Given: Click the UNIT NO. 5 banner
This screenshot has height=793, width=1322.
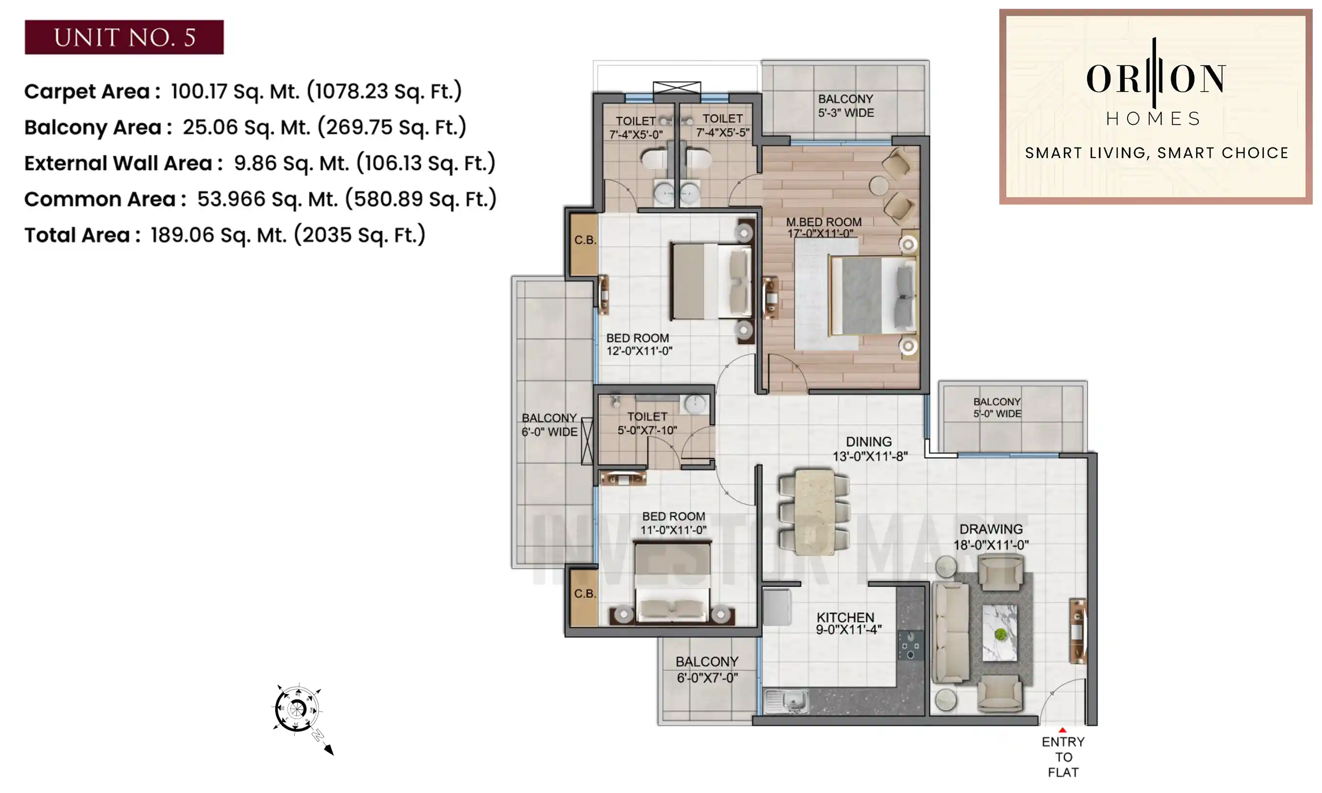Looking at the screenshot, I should click(x=124, y=37).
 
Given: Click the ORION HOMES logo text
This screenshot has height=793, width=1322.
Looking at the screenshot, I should click(x=1155, y=80).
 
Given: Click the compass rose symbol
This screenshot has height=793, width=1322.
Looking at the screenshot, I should click(x=297, y=709).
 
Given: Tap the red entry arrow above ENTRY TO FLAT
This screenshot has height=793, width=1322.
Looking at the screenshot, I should click(x=1062, y=730).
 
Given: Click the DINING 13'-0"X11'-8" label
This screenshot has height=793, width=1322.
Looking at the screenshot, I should click(x=870, y=448).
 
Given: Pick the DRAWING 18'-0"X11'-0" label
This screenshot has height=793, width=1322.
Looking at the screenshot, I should click(x=991, y=536).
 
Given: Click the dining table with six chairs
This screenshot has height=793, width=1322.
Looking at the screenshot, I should click(x=814, y=512).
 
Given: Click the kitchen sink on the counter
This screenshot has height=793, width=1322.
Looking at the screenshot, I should click(x=786, y=701).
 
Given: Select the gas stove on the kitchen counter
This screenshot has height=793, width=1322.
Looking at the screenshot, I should click(x=909, y=645).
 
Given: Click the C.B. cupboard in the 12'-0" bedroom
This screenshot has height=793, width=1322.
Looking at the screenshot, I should click(x=584, y=245).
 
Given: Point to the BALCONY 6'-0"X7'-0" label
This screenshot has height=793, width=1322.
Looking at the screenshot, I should click(x=707, y=670).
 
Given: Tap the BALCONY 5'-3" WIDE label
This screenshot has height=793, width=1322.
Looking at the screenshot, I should click(x=846, y=106).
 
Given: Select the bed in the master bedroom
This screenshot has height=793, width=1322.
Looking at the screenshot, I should click(x=871, y=296).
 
